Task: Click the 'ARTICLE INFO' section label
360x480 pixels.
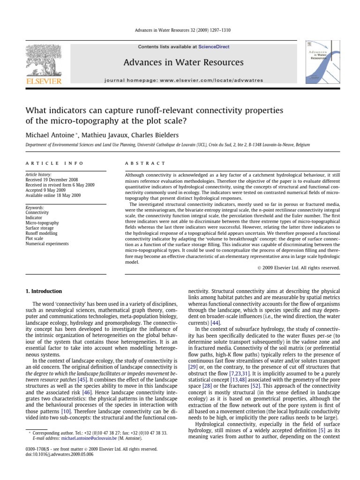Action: coord(54,163)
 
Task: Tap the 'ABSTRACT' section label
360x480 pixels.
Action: coord(144,163)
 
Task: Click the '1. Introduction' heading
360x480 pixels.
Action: coord(44,291)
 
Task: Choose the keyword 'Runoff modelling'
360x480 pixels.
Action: coord(41,233)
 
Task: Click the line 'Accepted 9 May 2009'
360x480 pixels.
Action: coord(45,190)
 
